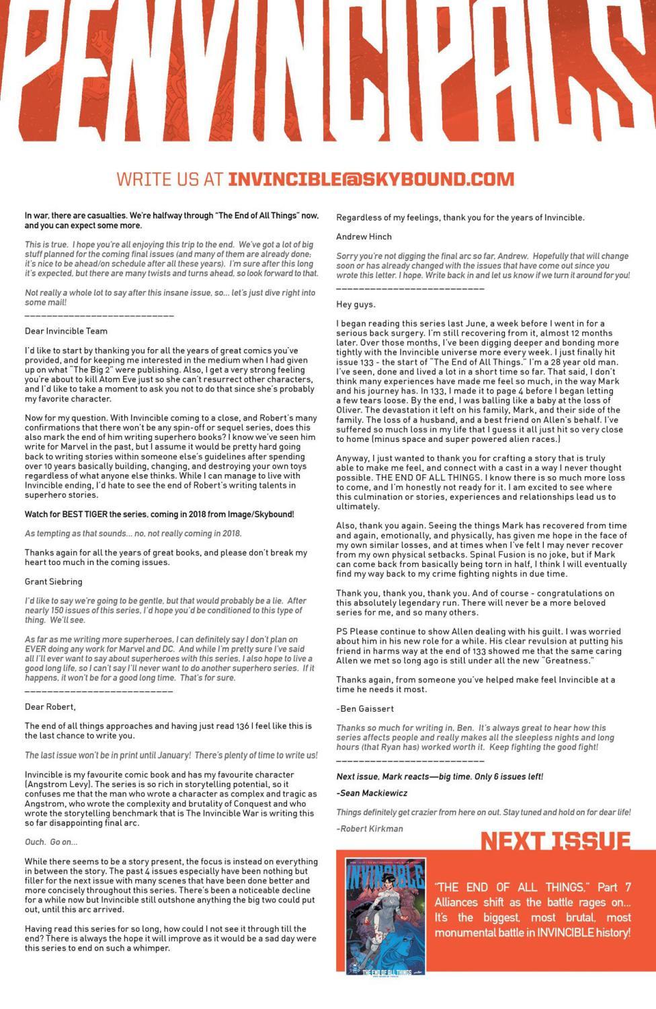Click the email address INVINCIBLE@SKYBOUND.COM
[x=371, y=180]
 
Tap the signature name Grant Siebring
[x=54, y=581]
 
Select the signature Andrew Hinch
[x=364, y=237]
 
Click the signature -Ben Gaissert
[x=365, y=708]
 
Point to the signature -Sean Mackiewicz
[x=372, y=793]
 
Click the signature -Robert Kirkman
[x=370, y=829]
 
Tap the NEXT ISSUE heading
[x=555, y=841]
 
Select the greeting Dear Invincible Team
[x=66, y=331]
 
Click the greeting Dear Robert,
[x=50, y=707]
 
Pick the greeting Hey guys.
[x=356, y=305]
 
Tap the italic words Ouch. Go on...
[x=51, y=842]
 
